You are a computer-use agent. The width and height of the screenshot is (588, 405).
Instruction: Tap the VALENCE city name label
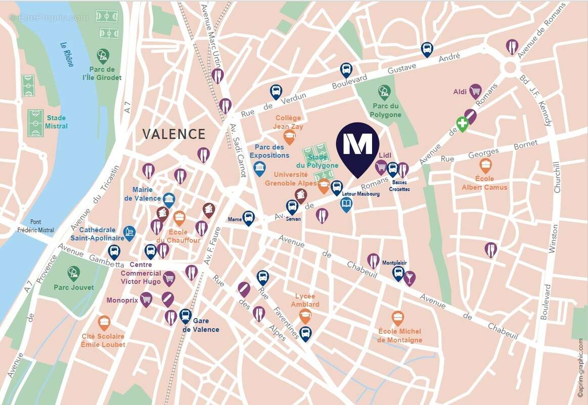[x=173, y=134]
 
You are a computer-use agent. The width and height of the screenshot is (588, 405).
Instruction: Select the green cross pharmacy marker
[x=462, y=124]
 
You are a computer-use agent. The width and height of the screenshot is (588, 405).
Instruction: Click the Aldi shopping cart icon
[x=475, y=91]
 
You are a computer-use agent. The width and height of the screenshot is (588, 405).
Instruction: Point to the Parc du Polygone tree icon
[x=384, y=92]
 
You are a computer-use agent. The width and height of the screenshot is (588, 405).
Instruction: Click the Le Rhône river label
[x=67, y=54]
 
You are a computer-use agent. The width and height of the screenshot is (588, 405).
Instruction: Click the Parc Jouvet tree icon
[x=74, y=273]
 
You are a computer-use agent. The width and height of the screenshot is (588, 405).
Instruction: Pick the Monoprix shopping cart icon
[x=146, y=299]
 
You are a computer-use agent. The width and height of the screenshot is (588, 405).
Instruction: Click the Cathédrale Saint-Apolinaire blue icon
[x=129, y=233]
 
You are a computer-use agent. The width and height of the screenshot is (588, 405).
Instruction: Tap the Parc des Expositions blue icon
[x=259, y=169]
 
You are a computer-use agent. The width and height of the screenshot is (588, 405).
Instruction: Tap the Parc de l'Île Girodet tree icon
[x=103, y=55]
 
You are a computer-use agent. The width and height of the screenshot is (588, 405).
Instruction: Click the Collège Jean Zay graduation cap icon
[x=289, y=136]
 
